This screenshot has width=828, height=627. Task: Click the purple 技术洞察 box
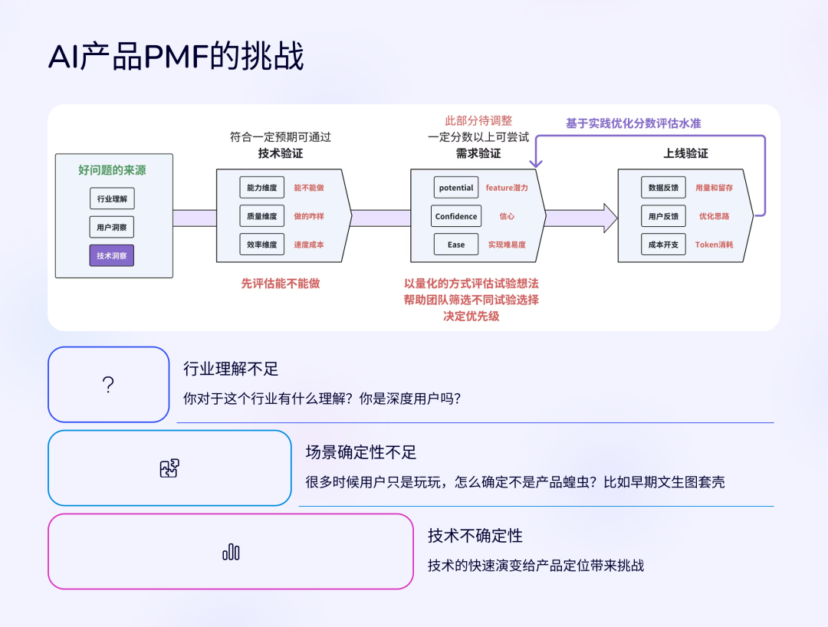[x=111, y=255]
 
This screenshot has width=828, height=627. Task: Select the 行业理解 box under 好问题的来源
[x=111, y=199]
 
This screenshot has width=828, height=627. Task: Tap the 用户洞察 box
[x=111, y=227]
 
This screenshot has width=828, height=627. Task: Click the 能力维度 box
[x=262, y=187]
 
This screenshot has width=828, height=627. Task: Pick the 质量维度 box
[x=262, y=216]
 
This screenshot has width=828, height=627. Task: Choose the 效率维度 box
[x=262, y=245]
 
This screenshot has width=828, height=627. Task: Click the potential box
[x=456, y=187]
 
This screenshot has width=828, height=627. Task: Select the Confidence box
[x=456, y=216]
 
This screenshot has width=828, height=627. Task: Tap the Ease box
[x=456, y=245]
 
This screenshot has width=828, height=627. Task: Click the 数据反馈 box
[x=663, y=187]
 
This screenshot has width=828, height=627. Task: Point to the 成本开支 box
[x=663, y=245]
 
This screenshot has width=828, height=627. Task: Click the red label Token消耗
[x=714, y=245]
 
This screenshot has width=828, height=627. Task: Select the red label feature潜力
[x=507, y=187]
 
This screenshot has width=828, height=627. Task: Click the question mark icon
[x=108, y=385]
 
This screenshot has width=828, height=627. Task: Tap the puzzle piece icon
[x=169, y=468]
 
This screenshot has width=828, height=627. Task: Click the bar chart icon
[x=231, y=552]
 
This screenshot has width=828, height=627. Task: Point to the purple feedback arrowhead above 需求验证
[x=536, y=163]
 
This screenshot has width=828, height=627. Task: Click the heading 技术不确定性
[x=475, y=536]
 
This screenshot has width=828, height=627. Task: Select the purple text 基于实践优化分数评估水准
[x=633, y=123]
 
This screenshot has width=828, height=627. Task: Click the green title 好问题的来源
[x=112, y=170]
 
